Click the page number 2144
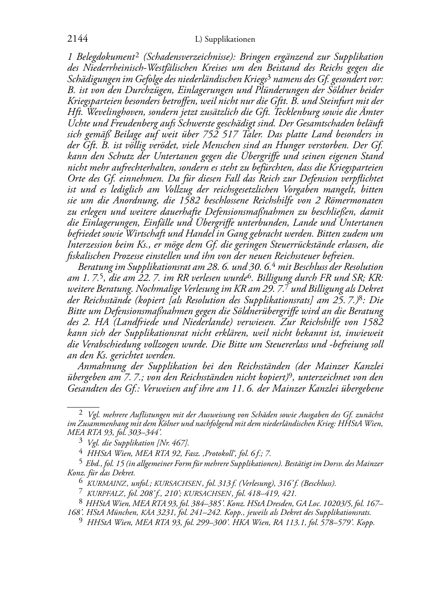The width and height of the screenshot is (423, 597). click(x=78, y=39)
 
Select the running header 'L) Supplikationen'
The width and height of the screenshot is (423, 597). click(x=225, y=40)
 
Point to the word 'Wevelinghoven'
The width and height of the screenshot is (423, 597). click(x=109, y=112)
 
